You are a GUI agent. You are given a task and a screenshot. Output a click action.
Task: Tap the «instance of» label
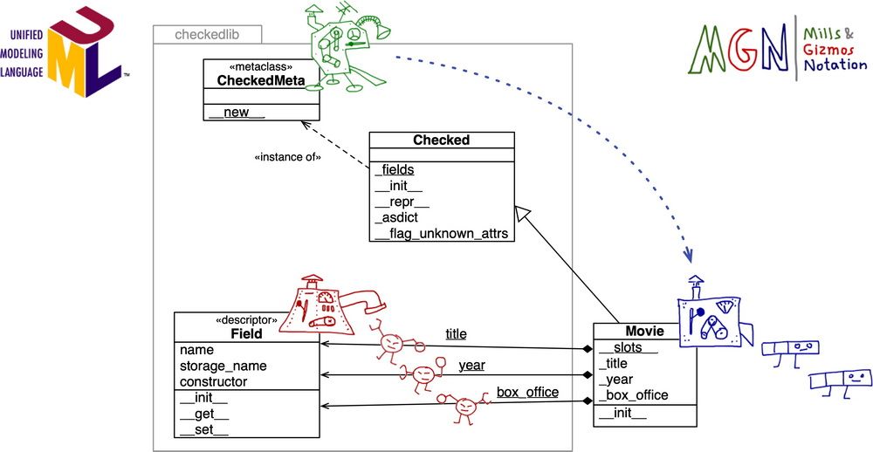coord(287,157)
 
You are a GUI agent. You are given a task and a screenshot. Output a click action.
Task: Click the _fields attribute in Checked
coord(394,170)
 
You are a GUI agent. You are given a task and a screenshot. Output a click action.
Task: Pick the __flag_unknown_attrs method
coord(441,233)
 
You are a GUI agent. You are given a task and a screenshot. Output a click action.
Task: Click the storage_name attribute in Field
coord(223,366)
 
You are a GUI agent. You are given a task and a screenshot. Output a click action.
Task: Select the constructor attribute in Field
coord(214,381)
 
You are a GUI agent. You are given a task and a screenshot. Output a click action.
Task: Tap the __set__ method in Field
coord(203,428)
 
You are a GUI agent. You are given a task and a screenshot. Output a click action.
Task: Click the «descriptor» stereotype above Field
coord(245,320)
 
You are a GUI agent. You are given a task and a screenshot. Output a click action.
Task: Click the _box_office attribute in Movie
coord(633,394)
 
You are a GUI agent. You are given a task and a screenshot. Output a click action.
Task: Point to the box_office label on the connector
coord(527,392)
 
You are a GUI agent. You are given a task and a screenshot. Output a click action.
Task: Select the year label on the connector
coord(471,365)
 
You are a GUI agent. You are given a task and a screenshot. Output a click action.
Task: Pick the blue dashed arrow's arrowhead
coord(688,255)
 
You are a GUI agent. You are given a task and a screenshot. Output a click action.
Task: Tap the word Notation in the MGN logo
coord(835,65)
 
